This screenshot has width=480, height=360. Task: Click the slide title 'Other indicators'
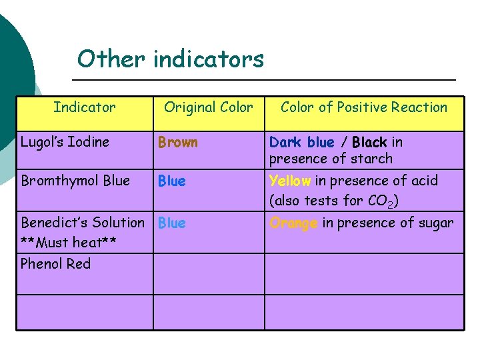pyautogui.click(x=171, y=59)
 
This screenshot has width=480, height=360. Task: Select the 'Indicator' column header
pyautogui.click(x=85, y=107)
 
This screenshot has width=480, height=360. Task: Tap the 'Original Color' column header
pyautogui.click(x=209, y=107)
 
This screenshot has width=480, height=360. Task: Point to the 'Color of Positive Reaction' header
pyautogui.click(x=364, y=107)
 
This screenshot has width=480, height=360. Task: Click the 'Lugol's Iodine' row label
pyautogui.click(x=65, y=142)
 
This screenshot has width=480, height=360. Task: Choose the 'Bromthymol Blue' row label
pyautogui.click(x=75, y=181)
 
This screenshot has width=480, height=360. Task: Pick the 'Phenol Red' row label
pyautogui.click(x=55, y=264)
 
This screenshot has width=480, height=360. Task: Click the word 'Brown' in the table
pyautogui.click(x=177, y=142)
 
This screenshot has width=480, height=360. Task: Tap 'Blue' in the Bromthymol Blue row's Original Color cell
pyautogui.click(x=172, y=181)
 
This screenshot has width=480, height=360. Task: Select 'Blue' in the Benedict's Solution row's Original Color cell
pyautogui.click(x=172, y=223)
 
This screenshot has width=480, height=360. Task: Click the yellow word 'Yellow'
pyautogui.click(x=290, y=181)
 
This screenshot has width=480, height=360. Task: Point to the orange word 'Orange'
pyautogui.click(x=293, y=223)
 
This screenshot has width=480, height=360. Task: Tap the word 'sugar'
pyautogui.click(x=435, y=223)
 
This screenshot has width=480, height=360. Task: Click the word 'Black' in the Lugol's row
pyautogui.click(x=369, y=142)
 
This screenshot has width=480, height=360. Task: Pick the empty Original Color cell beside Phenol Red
pyautogui.click(x=209, y=273)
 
